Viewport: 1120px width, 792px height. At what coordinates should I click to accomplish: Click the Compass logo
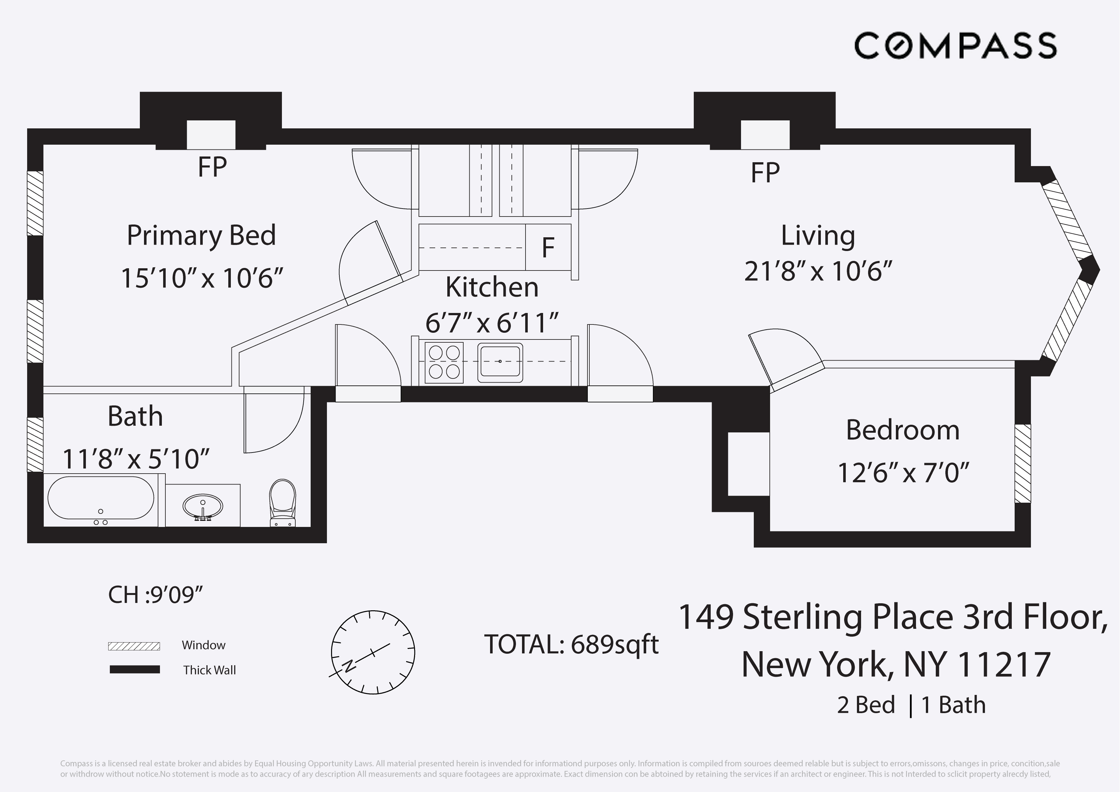click(x=955, y=46)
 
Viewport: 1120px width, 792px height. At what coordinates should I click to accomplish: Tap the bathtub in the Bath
click(x=101, y=498)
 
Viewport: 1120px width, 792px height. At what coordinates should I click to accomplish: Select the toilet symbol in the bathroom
click(x=283, y=503)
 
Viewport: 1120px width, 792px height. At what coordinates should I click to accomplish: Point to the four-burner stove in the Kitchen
click(x=444, y=362)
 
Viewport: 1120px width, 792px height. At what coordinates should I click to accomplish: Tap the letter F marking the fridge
click(x=548, y=248)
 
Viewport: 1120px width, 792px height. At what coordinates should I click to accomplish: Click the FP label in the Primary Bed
click(x=212, y=167)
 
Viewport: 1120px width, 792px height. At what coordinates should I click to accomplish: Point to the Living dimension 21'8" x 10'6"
click(x=818, y=271)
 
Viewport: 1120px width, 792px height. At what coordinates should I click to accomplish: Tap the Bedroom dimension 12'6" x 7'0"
click(x=903, y=473)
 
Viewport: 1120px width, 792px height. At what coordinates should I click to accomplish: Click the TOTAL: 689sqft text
click(x=571, y=645)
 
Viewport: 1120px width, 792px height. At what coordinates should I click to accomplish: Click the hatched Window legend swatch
click(x=134, y=646)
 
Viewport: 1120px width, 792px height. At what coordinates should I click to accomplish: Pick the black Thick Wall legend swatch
click(x=135, y=669)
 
